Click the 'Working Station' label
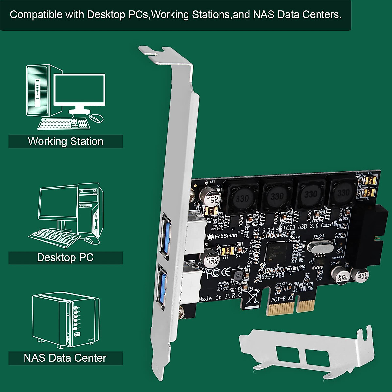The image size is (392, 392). [66, 141]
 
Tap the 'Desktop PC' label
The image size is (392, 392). [65, 257]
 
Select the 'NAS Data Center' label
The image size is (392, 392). [65, 358]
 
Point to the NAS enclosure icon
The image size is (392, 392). [65, 320]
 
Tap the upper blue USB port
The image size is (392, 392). [164, 233]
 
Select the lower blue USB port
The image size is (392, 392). [163, 283]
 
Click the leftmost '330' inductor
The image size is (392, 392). [242, 198]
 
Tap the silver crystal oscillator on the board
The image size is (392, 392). [320, 248]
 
